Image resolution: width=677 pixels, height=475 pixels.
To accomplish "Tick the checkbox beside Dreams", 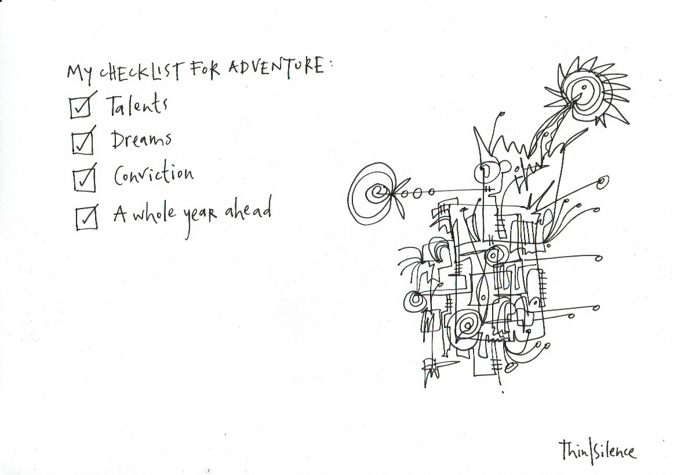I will coord(82,142).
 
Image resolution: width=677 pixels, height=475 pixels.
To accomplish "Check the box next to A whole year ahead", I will coord(86,218).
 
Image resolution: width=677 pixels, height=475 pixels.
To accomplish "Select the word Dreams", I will coord(141,140).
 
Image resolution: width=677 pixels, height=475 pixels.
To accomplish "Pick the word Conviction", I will coord(153,174).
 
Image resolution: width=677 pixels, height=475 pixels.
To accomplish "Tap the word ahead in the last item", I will coord(249,211).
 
